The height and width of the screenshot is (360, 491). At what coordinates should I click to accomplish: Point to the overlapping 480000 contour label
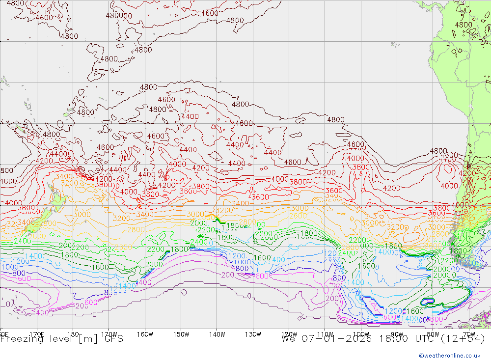119,15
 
